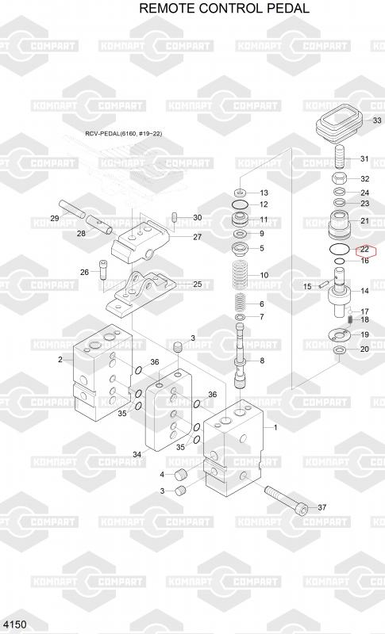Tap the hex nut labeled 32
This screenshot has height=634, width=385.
click(x=339, y=178)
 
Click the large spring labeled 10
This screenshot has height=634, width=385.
click(x=240, y=274)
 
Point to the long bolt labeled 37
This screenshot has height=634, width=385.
click(x=286, y=500)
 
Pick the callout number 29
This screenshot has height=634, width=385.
click(x=55, y=219)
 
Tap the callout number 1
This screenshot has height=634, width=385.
click(x=275, y=427)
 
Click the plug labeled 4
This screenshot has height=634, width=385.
click(x=179, y=474)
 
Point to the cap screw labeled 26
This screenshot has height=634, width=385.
click(x=102, y=269)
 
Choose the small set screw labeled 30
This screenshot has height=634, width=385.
click(x=175, y=217)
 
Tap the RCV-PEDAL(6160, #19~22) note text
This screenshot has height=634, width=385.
click(x=124, y=133)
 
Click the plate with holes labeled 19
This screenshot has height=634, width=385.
click(x=339, y=334)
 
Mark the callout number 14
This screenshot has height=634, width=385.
click(x=364, y=290)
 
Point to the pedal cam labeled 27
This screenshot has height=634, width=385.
click(x=139, y=244)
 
